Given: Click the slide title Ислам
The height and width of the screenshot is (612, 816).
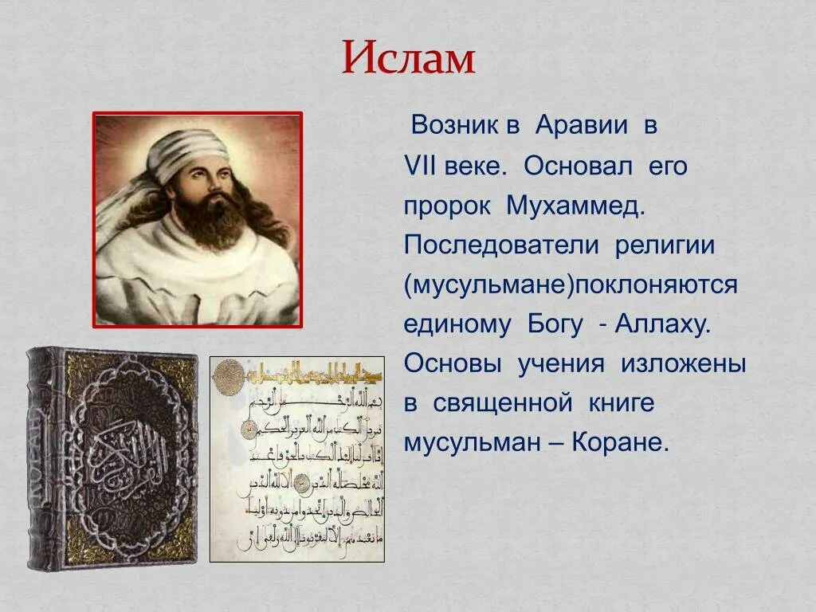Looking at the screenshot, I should (408, 57).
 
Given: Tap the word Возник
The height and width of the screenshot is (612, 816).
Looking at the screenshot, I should (451, 126).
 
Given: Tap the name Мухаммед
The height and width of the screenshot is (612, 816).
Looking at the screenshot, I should (574, 206).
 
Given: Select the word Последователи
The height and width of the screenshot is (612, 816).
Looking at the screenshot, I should (500, 245).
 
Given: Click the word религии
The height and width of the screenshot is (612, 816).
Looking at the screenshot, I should (664, 245).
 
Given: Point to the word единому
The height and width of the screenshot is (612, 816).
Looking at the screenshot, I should (457, 325).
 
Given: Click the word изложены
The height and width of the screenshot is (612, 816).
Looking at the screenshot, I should (684, 364).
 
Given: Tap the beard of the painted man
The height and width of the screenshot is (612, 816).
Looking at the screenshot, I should (209, 215).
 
